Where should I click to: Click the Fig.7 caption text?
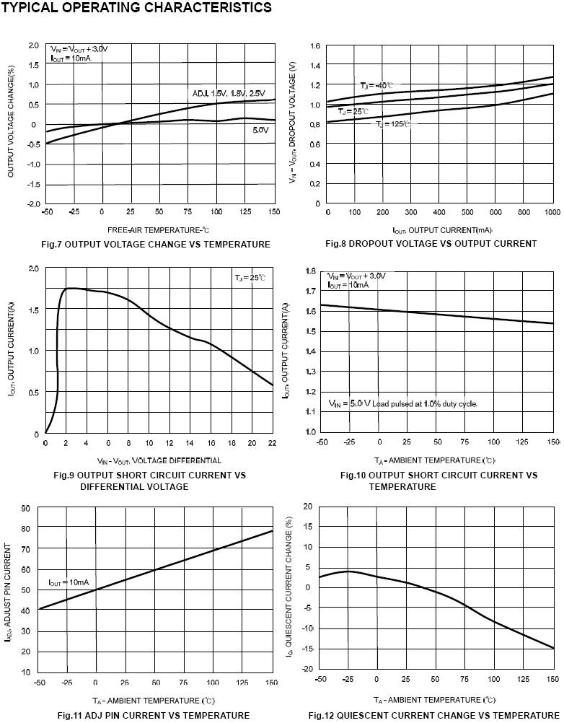[x=156, y=245]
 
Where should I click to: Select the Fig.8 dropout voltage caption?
[x=431, y=244]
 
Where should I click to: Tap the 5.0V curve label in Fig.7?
[x=260, y=131]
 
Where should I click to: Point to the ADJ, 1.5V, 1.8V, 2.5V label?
[x=229, y=94]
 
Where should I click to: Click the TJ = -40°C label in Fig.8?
[x=376, y=86]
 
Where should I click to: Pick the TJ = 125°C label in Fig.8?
[x=392, y=125]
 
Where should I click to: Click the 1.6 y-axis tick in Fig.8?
[x=315, y=46]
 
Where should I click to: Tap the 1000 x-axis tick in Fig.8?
[x=552, y=213]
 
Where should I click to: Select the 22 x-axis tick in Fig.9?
[x=273, y=443]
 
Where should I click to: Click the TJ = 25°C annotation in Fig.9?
[x=250, y=278]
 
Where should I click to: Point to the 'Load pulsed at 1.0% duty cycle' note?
[x=424, y=404]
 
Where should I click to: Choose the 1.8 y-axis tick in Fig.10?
[x=311, y=271]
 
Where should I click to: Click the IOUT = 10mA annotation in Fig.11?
[x=69, y=582]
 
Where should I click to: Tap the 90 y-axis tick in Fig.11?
[x=26, y=509]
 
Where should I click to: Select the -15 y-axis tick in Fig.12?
[x=308, y=649]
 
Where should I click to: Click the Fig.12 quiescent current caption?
[x=433, y=716]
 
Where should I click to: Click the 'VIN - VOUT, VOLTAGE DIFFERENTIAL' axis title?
[x=159, y=460]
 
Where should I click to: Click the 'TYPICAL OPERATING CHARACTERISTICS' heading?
[x=137, y=7]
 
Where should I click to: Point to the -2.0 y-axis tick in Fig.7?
[x=34, y=204]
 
